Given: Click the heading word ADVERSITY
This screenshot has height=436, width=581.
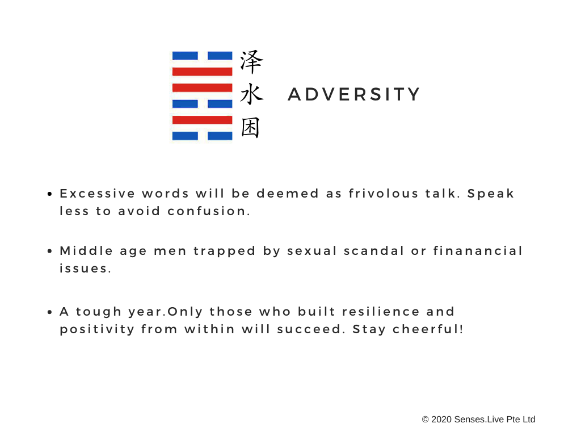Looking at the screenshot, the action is (354, 94).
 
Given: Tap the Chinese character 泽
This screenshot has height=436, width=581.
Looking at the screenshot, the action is (251, 62).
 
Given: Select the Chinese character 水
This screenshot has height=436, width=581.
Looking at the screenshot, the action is (251, 94).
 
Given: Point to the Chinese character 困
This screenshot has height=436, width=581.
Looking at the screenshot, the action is (250, 128).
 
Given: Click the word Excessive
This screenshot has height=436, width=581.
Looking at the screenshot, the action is (97, 194).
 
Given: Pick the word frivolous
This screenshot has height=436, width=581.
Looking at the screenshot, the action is (383, 193).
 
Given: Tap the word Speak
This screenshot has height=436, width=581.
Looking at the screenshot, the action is (491, 194).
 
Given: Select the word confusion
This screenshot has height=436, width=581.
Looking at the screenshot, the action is (209, 211).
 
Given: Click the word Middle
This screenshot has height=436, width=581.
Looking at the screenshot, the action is (86, 250).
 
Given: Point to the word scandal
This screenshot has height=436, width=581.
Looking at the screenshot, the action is (373, 250).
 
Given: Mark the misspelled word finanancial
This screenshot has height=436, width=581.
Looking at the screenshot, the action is (478, 250).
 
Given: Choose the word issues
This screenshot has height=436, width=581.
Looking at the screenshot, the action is (85, 269).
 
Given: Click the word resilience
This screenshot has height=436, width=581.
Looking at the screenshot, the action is (381, 312).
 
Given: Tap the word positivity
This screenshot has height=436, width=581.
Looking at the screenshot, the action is (97, 330).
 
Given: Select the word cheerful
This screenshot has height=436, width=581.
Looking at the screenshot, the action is (428, 329).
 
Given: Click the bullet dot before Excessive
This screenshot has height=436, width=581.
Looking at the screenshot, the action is (50, 194).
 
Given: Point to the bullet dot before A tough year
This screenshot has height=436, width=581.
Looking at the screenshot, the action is (50, 312).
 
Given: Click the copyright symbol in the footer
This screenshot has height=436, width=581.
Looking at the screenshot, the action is (426, 420).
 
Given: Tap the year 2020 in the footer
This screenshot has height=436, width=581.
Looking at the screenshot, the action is (441, 420).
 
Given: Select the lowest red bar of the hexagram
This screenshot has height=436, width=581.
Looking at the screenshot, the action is (203, 120).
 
